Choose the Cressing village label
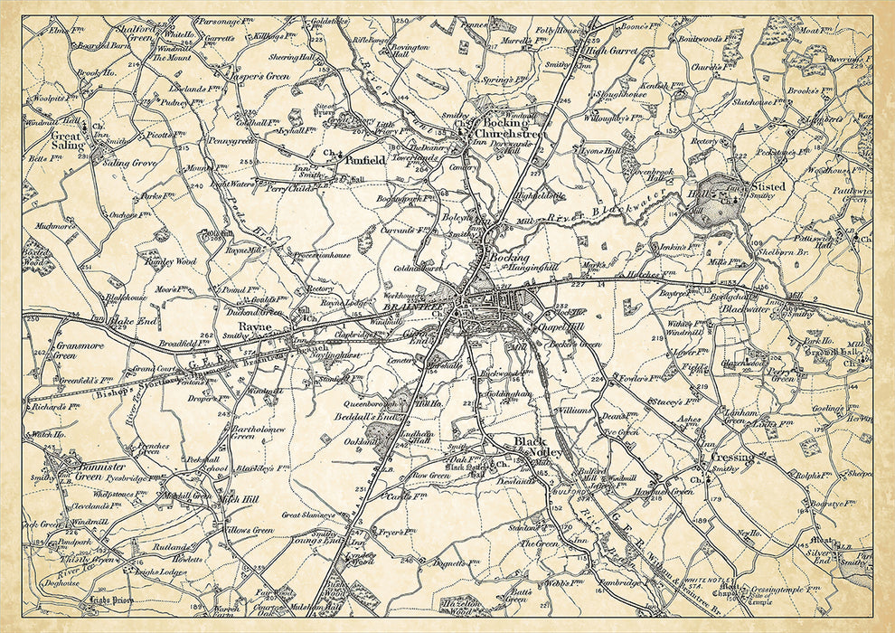732,458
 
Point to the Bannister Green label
76,470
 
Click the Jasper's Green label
265,77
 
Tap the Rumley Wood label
171,261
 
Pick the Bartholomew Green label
256,430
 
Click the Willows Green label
250,530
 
